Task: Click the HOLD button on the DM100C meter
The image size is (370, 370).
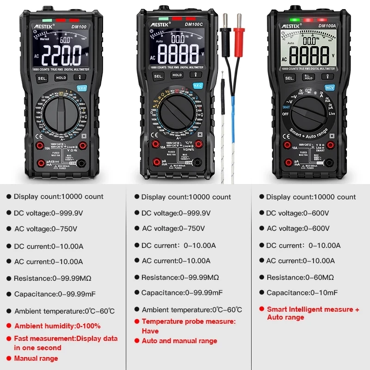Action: (x=177, y=75)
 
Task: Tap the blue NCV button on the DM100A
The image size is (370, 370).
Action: (x=330, y=87)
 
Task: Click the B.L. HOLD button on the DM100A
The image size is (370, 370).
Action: (x=308, y=77)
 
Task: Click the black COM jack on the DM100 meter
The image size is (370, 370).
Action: (x=82, y=163)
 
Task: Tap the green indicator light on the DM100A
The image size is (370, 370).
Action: (x=294, y=20)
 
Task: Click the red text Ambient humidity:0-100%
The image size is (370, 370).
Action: (x=57, y=326)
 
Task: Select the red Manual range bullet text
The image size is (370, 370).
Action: (x=36, y=358)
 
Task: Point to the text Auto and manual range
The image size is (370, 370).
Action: (x=179, y=341)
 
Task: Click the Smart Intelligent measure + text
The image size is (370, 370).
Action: (x=313, y=309)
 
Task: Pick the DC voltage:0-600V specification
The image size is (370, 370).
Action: (x=297, y=213)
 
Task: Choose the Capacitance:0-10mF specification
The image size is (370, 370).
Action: (x=302, y=292)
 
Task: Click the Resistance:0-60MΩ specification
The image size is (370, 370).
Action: (x=300, y=277)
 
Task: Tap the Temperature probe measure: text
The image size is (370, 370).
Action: (x=188, y=321)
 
